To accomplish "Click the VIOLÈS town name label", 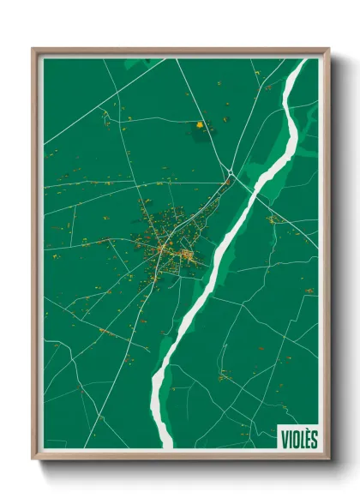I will click(x=298, y=439).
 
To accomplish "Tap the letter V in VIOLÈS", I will click(x=284, y=439).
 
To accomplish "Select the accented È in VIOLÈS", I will click(x=306, y=438).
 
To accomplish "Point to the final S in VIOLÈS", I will click(x=314, y=439).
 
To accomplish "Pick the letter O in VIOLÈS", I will click(x=293, y=439).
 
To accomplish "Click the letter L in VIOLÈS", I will click(x=300, y=439).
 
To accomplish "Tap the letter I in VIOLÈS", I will click(x=289, y=439).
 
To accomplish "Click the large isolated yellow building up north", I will click(x=201, y=125).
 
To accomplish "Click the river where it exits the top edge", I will click(x=300, y=63).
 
